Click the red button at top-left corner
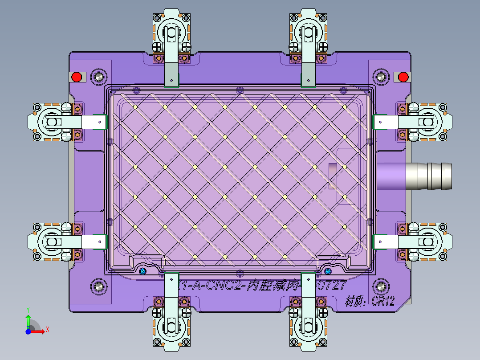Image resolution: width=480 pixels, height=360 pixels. tap(77, 77)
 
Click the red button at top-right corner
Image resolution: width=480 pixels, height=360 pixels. tap(403, 77)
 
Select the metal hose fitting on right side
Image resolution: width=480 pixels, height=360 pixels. tap(430, 176)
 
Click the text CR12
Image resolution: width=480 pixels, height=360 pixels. tap(383, 302)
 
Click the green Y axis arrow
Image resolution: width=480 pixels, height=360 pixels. tap(28, 318)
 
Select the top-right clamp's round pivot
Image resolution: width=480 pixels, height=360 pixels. tap(308, 33)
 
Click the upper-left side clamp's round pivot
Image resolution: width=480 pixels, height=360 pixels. tap(50, 121)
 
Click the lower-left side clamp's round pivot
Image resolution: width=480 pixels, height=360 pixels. tap(50, 242)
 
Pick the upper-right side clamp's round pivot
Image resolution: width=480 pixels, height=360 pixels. tap(427, 121)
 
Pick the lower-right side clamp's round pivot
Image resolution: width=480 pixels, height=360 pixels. tap(427, 242)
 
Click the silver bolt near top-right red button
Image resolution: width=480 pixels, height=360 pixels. tap(381, 77)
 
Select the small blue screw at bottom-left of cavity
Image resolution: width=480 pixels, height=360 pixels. tap(142, 271)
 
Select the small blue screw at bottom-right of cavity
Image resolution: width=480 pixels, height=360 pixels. tap(328, 271)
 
